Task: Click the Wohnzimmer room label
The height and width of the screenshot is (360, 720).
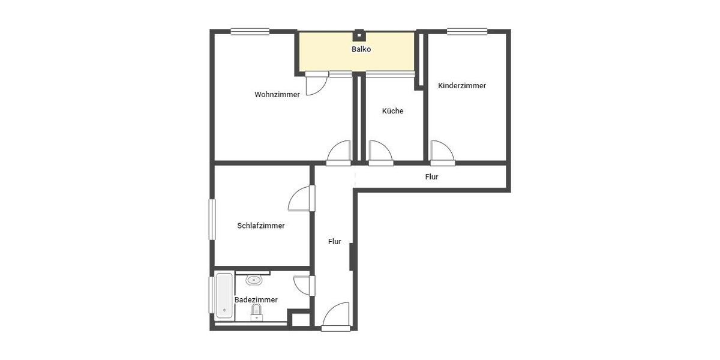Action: coord(277,94)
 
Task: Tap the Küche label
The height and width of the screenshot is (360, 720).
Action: coord(392,111)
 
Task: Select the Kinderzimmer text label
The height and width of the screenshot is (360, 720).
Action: coord(462,86)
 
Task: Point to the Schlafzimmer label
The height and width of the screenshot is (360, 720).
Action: coord(260,226)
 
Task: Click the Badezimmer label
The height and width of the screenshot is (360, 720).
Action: coord(256,299)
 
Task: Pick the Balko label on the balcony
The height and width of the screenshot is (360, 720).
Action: coord(361,49)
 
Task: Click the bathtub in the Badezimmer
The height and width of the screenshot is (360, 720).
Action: coord(224,296)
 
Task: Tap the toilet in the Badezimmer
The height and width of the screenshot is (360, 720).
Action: coord(257,311)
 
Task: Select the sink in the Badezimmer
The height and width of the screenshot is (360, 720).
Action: coord(254,280)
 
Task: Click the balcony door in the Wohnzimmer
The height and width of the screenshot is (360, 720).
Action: coord(316,84)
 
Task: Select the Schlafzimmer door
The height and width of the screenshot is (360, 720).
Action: coord(301,199)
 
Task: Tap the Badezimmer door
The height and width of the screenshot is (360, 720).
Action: coord(303,285)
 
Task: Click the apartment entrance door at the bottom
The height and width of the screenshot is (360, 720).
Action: coord(336,316)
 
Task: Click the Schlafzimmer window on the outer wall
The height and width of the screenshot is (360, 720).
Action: coord(212,219)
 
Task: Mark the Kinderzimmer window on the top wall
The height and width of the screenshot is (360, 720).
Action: coord(467,32)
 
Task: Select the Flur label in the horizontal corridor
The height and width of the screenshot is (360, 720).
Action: coord(431,177)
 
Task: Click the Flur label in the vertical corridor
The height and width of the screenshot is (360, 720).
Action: coord(334,242)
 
